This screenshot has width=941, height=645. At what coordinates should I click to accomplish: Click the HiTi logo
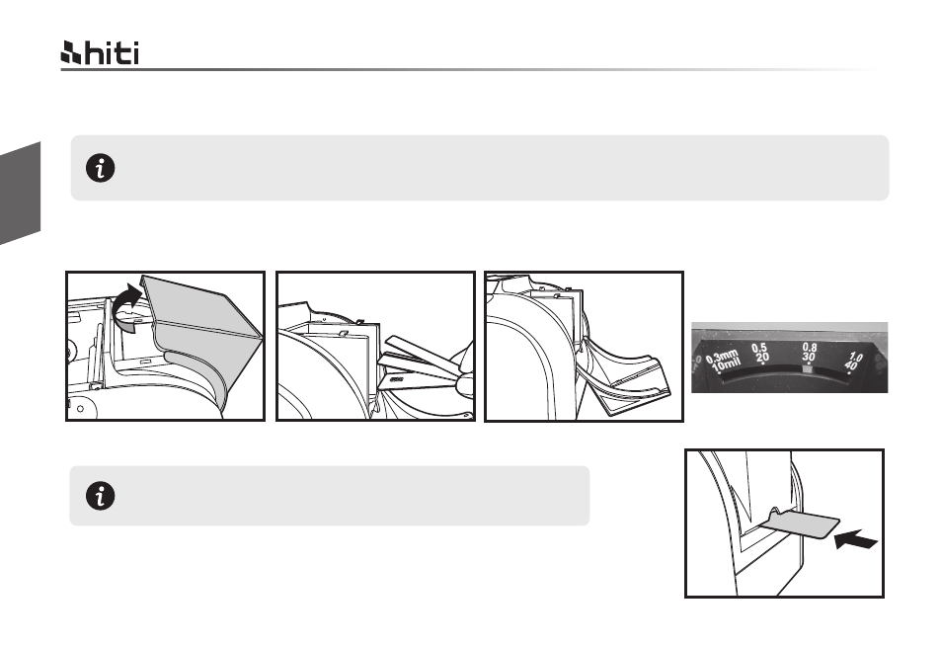click(x=100, y=53)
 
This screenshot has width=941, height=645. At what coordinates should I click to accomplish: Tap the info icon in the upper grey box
click(x=100, y=168)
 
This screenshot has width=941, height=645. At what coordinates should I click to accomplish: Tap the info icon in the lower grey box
click(x=100, y=496)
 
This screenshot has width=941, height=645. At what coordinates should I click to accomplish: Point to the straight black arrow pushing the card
click(x=856, y=539)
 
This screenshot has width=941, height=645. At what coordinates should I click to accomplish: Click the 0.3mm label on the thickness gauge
click(x=722, y=357)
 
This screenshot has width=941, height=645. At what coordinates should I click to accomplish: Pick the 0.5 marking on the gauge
click(x=759, y=348)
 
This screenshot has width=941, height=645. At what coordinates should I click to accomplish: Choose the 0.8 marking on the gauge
click(x=809, y=347)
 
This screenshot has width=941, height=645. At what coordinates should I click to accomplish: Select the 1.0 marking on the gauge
click(x=856, y=358)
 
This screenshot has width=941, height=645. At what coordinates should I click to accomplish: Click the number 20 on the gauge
click(x=762, y=358)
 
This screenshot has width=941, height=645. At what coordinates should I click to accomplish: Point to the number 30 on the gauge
click(x=809, y=358)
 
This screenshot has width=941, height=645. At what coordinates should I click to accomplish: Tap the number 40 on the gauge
click(x=850, y=365)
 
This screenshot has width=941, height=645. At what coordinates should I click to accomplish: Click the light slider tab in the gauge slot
click(x=808, y=369)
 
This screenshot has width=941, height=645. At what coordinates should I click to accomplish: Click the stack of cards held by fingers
click(x=420, y=366)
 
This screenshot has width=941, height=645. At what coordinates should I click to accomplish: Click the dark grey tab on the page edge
click(x=20, y=194)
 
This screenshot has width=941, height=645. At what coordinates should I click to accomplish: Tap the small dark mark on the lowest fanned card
click(x=397, y=379)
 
